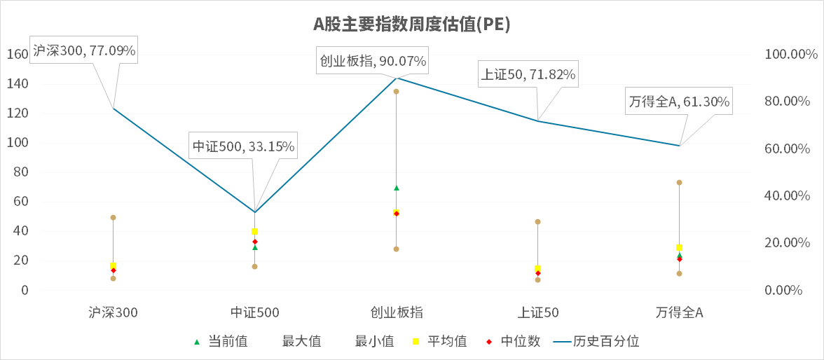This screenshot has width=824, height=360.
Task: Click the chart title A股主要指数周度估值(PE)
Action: [x=411, y=25]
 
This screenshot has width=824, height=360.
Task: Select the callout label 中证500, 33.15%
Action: [x=244, y=146]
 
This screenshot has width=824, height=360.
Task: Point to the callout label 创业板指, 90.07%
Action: [x=373, y=61]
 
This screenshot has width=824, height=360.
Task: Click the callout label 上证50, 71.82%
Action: [x=528, y=74]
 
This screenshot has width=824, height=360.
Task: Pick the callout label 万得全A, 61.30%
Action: [x=679, y=102]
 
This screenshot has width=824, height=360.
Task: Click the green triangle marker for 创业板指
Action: [x=396, y=188]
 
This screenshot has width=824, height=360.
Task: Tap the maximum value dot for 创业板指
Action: [x=396, y=92]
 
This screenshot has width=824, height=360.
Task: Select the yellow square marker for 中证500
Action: [x=254, y=232]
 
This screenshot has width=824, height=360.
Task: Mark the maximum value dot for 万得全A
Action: [x=679, y=183]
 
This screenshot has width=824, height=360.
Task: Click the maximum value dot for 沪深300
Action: [x=113, y=218]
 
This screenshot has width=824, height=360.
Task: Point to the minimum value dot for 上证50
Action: [x=537, y=280]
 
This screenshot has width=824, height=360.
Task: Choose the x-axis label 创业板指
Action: [x=396, y=312]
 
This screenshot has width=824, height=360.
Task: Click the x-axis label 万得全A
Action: [x=679, y=312]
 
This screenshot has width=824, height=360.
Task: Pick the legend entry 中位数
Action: [x=519, y=342]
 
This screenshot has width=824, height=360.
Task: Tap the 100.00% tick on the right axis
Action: [x=789, y=55]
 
